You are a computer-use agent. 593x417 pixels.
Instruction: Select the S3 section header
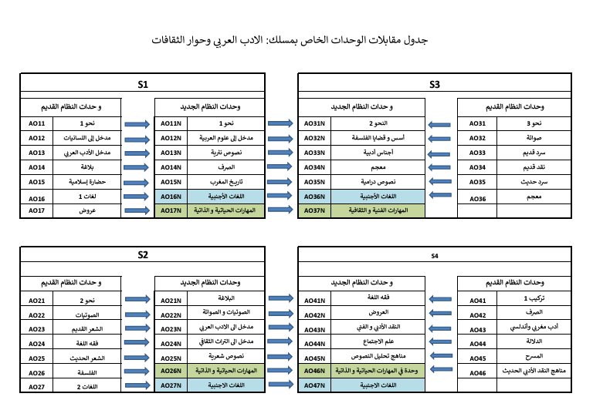coord(435,84)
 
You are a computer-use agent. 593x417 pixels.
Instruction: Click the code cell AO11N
coord(171,123)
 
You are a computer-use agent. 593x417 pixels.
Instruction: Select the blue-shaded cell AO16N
coord(171,197)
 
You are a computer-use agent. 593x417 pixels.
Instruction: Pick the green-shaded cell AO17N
coord(171,210)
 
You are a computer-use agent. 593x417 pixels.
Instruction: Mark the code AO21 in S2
coord(37,301)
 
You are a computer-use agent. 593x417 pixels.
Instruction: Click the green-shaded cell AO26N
coord(171,371)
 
